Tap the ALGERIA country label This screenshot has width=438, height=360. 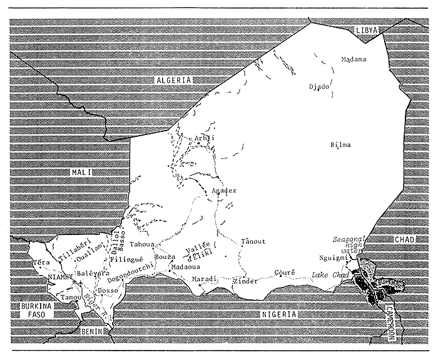tap(173, 80)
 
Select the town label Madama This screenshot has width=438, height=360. tap(354, 59)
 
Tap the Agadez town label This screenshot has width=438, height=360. tap(225, 190)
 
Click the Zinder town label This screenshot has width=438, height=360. tap(245, 281)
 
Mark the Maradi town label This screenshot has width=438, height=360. tap(204, 278)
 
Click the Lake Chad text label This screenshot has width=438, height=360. tap(330, 276)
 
